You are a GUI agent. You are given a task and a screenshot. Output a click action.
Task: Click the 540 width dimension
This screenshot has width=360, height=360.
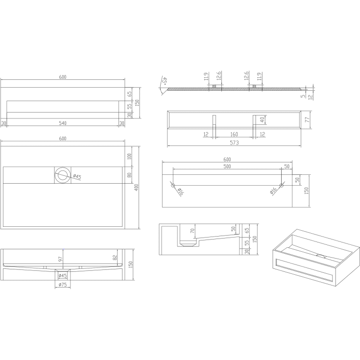click(x=63, y=123)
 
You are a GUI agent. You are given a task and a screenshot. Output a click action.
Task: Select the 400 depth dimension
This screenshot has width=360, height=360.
click(x=136, y=188)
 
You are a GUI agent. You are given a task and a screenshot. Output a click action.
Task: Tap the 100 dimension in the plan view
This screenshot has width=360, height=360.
click(x=129, y=156)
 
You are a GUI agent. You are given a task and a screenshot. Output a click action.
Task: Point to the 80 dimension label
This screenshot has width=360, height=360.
click(x=129, y=175)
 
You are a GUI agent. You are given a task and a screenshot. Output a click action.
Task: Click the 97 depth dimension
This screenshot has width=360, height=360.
click(x=61, y=259)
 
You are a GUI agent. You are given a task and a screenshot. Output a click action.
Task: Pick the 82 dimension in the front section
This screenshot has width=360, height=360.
click(x=115, y=258)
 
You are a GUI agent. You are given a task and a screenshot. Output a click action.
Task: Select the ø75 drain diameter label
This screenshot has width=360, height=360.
click(x=63, y=285)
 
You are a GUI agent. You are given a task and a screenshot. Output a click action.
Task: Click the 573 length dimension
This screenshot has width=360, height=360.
click(x=234, y=143)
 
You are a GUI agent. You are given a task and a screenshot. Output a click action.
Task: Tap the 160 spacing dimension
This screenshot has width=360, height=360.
click(x=234, y=134)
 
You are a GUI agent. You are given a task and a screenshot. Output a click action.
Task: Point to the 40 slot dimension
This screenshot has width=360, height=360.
click(x=263, y=120)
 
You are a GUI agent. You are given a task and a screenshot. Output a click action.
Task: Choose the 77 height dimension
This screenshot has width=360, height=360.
click(x=308, y=120)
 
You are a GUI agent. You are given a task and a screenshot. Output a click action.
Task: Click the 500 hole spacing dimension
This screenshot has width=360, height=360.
click(x=227, y=167)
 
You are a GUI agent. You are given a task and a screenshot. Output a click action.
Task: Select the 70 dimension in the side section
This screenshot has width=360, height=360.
click(x=192, y=231)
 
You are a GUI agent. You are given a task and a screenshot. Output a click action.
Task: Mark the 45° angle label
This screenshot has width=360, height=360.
click(x=165, y=81)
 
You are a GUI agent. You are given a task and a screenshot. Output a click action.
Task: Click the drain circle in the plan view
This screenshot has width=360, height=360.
click(x=63, y=175)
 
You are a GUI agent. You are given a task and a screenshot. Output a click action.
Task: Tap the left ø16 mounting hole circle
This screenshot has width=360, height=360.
click(x=173, y=185)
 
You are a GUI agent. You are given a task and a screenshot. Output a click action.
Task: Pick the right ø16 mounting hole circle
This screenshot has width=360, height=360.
click(x=282, y=185)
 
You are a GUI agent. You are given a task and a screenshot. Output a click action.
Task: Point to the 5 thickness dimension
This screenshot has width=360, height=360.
click(x=303, y=96)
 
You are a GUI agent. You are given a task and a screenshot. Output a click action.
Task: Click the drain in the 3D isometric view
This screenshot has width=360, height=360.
click(x=319, y=255)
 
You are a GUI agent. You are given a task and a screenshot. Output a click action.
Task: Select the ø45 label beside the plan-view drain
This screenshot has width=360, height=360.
click(x=77, y=176)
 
